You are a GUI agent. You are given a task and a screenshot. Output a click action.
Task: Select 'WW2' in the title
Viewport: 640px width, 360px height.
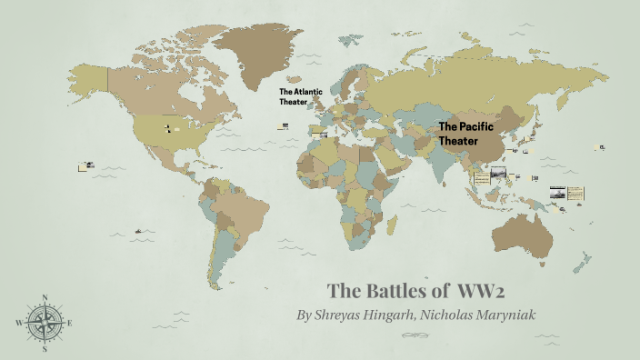click(x=482, y=291)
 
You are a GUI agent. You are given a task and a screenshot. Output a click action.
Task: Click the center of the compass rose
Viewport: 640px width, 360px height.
click(x=44, y=322)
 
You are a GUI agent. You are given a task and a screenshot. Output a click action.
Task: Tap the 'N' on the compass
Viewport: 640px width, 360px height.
click(x=44, y=297)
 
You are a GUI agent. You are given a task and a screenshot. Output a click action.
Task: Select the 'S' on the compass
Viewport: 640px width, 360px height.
click(x=44, y=348)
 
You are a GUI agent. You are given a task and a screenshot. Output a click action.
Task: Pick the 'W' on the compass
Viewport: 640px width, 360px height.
click(x=18, y=323)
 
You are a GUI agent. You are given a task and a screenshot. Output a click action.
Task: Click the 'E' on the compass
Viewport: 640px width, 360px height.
click(x=70, y=323)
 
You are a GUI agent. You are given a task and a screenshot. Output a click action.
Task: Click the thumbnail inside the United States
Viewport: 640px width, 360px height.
click(x=168, y=128)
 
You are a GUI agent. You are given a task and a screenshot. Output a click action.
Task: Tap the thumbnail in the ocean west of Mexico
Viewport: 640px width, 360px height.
click(x=86, y=165)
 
